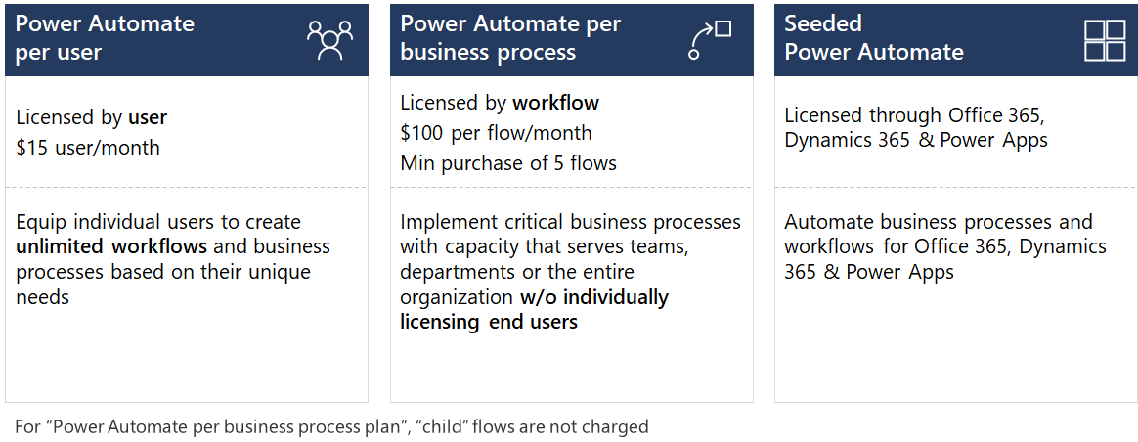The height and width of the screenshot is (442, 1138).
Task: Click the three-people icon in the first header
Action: tap(329, 40)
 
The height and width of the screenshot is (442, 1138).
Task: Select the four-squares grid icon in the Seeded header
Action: tap(1105, 39)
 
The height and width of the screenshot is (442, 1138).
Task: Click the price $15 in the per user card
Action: tap(30, 148)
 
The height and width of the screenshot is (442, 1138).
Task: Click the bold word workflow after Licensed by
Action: tap(555, 103)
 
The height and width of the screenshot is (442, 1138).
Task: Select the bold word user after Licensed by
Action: tap(148, 117)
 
